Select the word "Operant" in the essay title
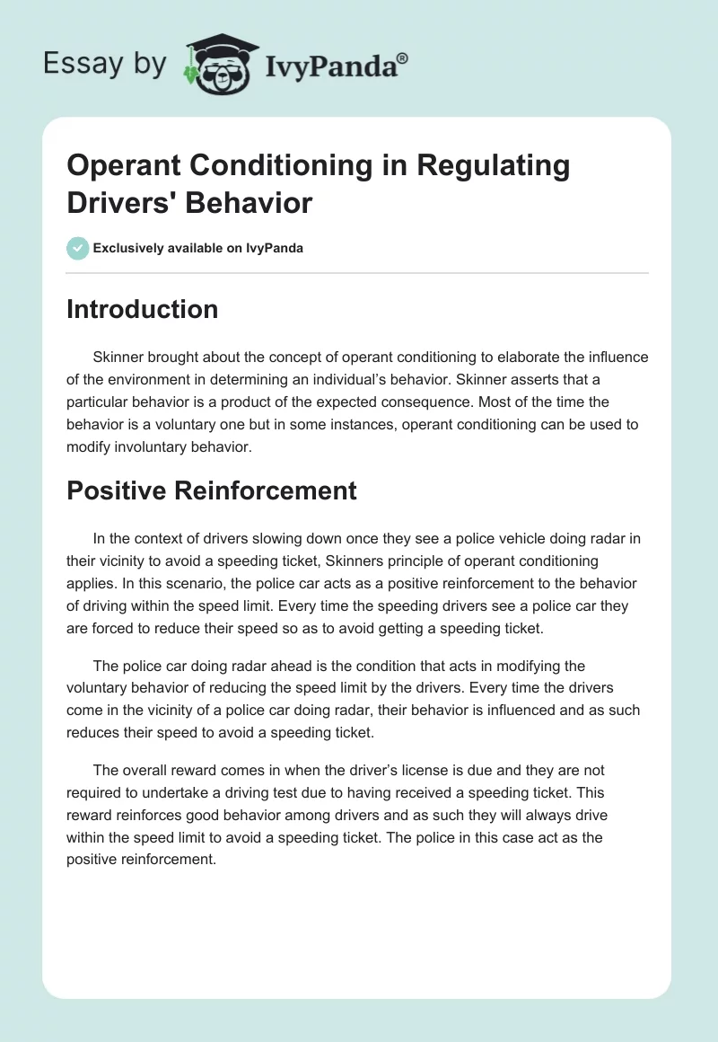point(120,166)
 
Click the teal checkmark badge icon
point(78,248)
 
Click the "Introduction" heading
point(142,309)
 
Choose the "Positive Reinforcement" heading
point(212,490)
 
